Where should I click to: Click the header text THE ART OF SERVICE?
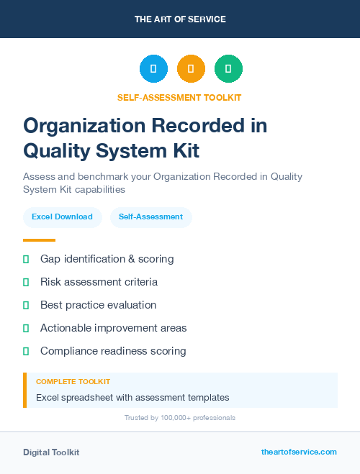point(180,19)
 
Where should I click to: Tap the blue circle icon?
point(153,69)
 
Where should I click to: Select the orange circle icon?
point(191,69)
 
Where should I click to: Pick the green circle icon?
point(228,69)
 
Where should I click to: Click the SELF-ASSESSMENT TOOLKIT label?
point(180,98)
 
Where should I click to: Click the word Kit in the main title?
point(182,151)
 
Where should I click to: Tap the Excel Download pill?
point(62,217)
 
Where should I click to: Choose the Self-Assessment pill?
point(150,217)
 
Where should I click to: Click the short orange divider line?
point(39,240)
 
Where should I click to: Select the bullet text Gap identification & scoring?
point(107,259)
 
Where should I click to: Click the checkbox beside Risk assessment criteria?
point(26,282)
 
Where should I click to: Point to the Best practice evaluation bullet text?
point(98,305)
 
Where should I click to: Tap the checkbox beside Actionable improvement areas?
point(26,328)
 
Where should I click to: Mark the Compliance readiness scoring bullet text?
point(113,351)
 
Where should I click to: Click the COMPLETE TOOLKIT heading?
point(73,381)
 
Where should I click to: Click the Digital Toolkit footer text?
point(51,452)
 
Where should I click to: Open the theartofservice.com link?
point(299,452)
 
